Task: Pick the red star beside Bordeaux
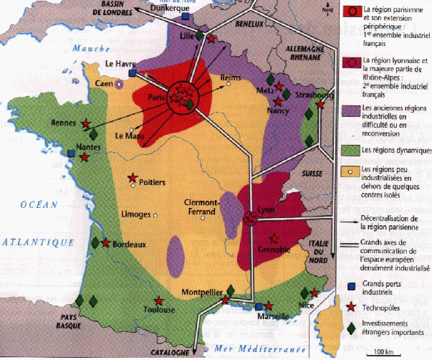(106, 243)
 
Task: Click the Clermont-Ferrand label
(200, 207)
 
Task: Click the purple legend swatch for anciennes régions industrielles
(350, 111)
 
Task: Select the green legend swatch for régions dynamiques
(350, 151)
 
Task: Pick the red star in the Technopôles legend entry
(350, 305)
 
